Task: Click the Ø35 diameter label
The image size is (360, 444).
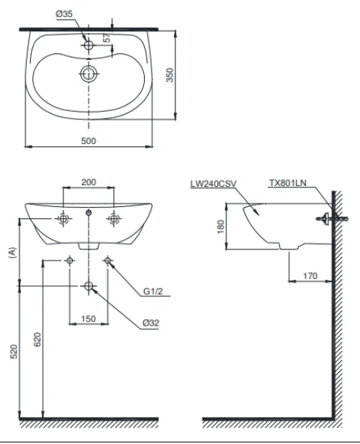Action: pyautogui.click(x=64, y=13)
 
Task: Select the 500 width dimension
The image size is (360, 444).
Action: pyautogui.click(x=88, y=141)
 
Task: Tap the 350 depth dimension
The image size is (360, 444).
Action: pyautogui.click(x=169, y=75)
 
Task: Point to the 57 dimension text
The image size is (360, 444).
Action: pyautogui.click(x=107, y=38)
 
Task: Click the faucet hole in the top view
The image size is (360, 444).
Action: pyautogui.click(x=88, y=45)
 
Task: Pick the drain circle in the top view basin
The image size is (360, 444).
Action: pyautogui.click(x=89, y=73)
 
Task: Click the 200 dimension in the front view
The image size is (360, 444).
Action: pyautogui.click(x=88, y=182)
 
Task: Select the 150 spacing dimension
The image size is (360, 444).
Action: pyautogui.click(x=88, y=319)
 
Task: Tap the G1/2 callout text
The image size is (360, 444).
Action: pyautogui.click(x=153, y=291)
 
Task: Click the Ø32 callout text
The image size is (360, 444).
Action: pyautogui.click(x=151, y=322)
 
